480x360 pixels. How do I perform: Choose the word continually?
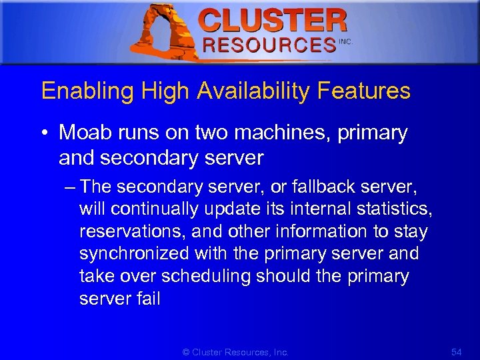(154, 209)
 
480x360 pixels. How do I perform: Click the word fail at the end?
(148, 298)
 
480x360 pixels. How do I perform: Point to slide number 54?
(456, 351)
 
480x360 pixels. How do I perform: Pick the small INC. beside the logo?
(345, 41)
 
